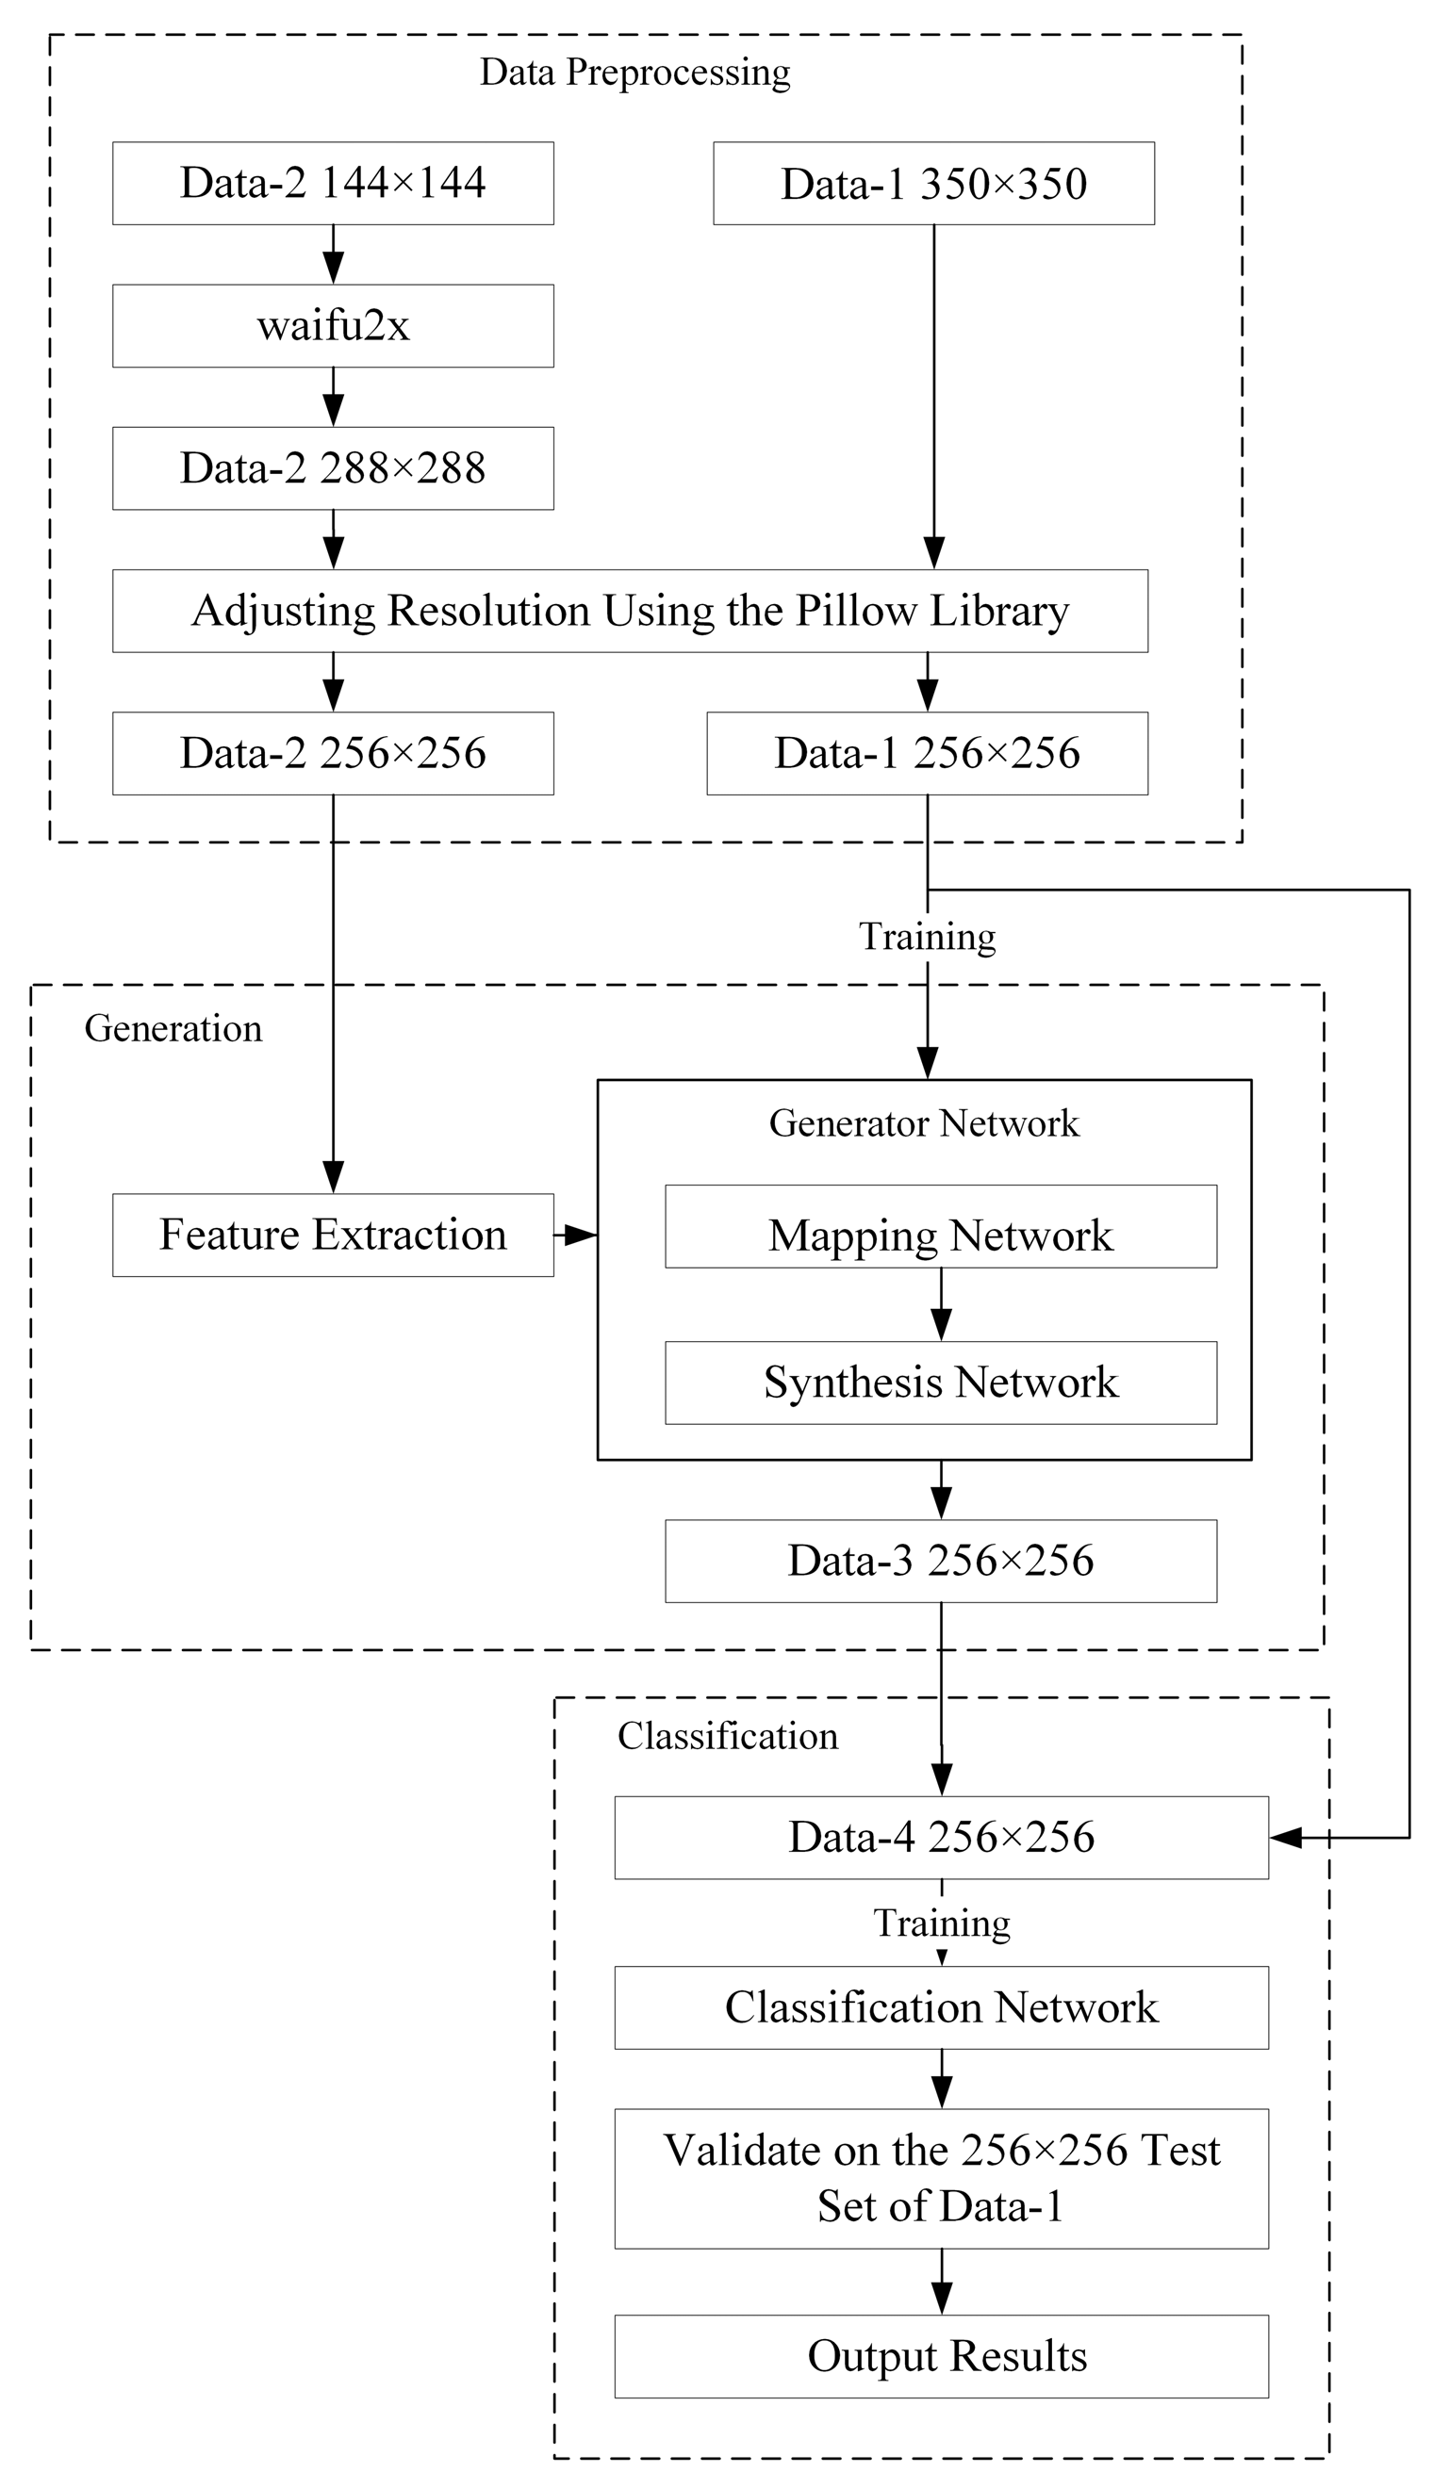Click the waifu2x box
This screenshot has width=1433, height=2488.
[x=333, y=326]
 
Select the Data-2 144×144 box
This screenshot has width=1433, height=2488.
[x=333, y=183]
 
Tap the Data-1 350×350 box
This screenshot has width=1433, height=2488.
[x=934, y=183]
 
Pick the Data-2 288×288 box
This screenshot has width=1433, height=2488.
[x=333, y=468]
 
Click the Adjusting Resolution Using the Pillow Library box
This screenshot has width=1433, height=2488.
[x=630, y=611]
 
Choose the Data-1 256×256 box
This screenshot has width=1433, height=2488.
[x=927, y=754]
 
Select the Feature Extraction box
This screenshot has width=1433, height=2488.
[x=333, y=1236]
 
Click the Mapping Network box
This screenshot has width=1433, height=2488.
[x=941, y=1227]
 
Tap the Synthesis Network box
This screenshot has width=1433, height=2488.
[x=941, y=1383]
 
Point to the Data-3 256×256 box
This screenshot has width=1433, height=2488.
[x=941, y=1562]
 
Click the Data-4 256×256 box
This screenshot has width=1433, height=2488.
[x=942, y=1838]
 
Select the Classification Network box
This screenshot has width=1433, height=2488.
[x=942, y=2008]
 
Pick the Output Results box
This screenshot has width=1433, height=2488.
[x=942, y=2356]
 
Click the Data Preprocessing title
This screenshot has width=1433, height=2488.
[x=634, y=73]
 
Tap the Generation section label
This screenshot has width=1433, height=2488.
[x=173, y=1028]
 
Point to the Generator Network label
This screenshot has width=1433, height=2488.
[x=924, y=1123]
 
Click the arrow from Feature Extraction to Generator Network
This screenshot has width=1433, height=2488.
[x=576, y=1235]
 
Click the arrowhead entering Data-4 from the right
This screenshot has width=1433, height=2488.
[x=1286, y=1838]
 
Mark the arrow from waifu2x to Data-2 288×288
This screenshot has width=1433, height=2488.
[x=334, y=398]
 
